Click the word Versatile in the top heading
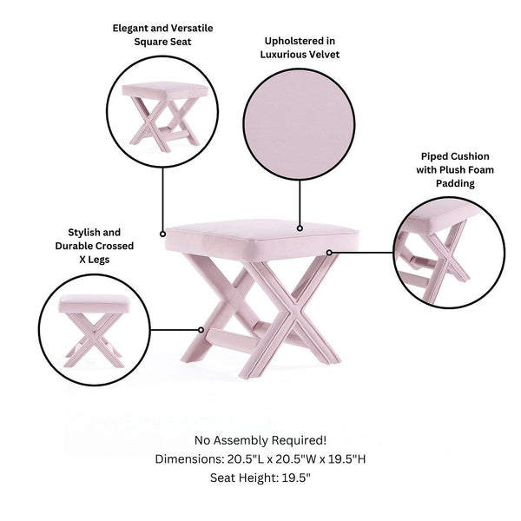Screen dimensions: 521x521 pos(192,29)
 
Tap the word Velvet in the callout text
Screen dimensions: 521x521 pos(322,55)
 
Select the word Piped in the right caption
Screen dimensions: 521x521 pos(432,156)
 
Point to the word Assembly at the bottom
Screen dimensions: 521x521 pos(242,440)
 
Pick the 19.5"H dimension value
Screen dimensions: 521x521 pos(346,459)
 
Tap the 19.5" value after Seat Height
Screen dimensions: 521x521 pos(296,478)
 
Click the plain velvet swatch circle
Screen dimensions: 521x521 pos(299,124)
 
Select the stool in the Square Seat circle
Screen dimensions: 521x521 pos(165,117)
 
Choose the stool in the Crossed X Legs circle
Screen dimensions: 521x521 pos(95,331)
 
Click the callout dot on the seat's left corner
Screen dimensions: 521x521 pos(163,234)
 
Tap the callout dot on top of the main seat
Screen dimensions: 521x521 pos(300,228)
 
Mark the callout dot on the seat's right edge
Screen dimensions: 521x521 pos(329,253)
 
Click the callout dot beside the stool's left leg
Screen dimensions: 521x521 pos(201,330)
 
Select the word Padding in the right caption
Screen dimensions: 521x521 pos(455,183)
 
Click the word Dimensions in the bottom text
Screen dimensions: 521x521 pos(189,459)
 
